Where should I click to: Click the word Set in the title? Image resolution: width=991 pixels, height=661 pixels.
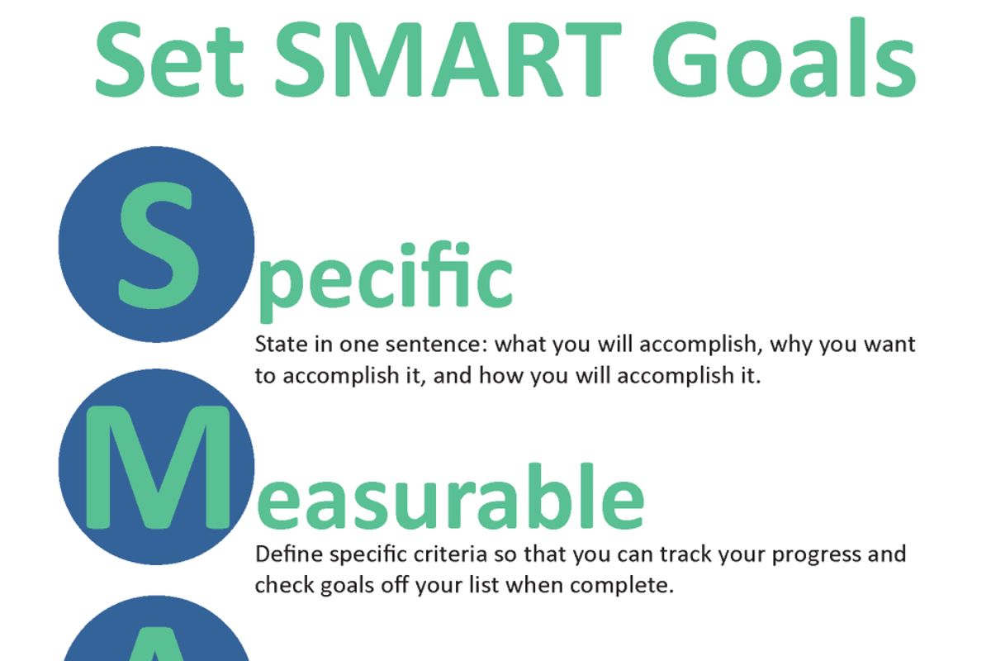click(169, 59)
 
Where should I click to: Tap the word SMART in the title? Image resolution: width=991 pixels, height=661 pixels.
click(448, 59)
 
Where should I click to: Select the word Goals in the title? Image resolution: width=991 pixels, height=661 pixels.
click(784, 58)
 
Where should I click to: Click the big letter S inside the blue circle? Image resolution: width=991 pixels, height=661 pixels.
click(159, 245)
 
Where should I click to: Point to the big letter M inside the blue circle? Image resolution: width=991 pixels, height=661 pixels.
click(158, 467)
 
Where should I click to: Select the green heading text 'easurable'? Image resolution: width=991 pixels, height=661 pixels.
click(450, 496)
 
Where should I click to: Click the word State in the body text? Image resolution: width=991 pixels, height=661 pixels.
click(282, 344)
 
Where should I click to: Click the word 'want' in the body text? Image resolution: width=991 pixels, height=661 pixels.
click(889, 345)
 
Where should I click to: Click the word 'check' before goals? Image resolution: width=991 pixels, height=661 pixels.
click(284, 585)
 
